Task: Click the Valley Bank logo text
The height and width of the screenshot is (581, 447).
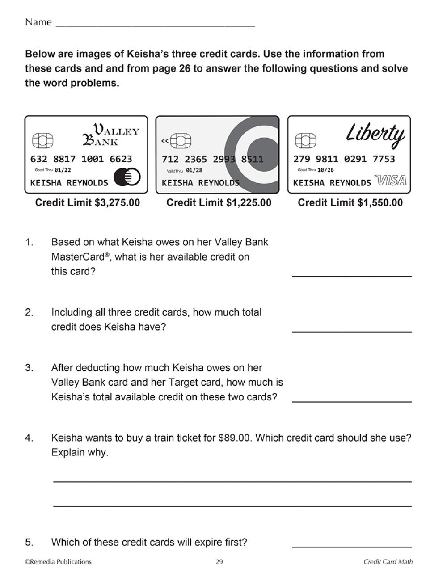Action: click(x=111, y=135)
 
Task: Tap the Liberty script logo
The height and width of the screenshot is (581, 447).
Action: click(x=375, y=135)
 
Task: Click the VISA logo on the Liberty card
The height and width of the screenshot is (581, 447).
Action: click(x=391, y=181)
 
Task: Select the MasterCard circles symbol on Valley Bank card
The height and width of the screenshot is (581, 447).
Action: click(x=127, y=177)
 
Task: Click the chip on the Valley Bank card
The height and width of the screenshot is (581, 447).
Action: click(x=43, y=141)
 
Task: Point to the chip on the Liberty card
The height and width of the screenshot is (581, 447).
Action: click(x=306, y=141)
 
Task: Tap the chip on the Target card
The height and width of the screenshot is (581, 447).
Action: click(x=181, y=141)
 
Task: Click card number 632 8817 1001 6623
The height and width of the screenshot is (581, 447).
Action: click(x=81, y=159)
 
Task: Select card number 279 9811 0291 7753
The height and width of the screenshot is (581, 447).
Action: click(x=344, y=159)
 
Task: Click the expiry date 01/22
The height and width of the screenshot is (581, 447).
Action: click(x=63, y=170)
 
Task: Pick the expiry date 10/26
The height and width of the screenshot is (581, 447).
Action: click(x=325, y=170)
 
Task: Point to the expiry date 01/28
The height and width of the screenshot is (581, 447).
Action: click(x=194, y=170)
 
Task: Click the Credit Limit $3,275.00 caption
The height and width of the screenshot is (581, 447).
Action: click(x=88, y=203)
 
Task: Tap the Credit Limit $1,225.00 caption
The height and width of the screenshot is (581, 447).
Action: click(x=219, y=203)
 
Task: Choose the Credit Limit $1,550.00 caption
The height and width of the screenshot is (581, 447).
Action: click(x=350, y=203)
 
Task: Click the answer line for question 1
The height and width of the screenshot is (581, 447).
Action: click(x=352, y=275)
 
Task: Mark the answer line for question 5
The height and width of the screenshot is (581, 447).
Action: click(x=352, y=546)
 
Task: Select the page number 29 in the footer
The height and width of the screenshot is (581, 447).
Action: click(x=219, y=562)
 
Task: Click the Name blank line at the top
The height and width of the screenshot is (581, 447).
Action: click(x=155, y=25)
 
